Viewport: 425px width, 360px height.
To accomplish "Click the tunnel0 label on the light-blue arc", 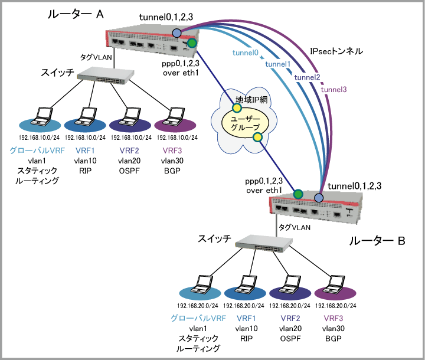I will point(247,53).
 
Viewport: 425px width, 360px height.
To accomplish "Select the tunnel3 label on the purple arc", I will point(334,90).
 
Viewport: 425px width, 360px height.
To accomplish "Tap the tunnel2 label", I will point(307,77).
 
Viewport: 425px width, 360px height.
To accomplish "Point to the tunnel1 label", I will point(278,64).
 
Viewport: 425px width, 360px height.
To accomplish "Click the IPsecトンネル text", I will point(336,52).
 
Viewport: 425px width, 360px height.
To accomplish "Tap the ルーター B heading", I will point(377,241).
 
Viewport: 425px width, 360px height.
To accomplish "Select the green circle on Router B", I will point(298,193).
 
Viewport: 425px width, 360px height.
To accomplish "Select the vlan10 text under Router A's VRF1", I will point(86,161).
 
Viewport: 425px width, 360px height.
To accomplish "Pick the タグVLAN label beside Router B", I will point(293,227).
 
